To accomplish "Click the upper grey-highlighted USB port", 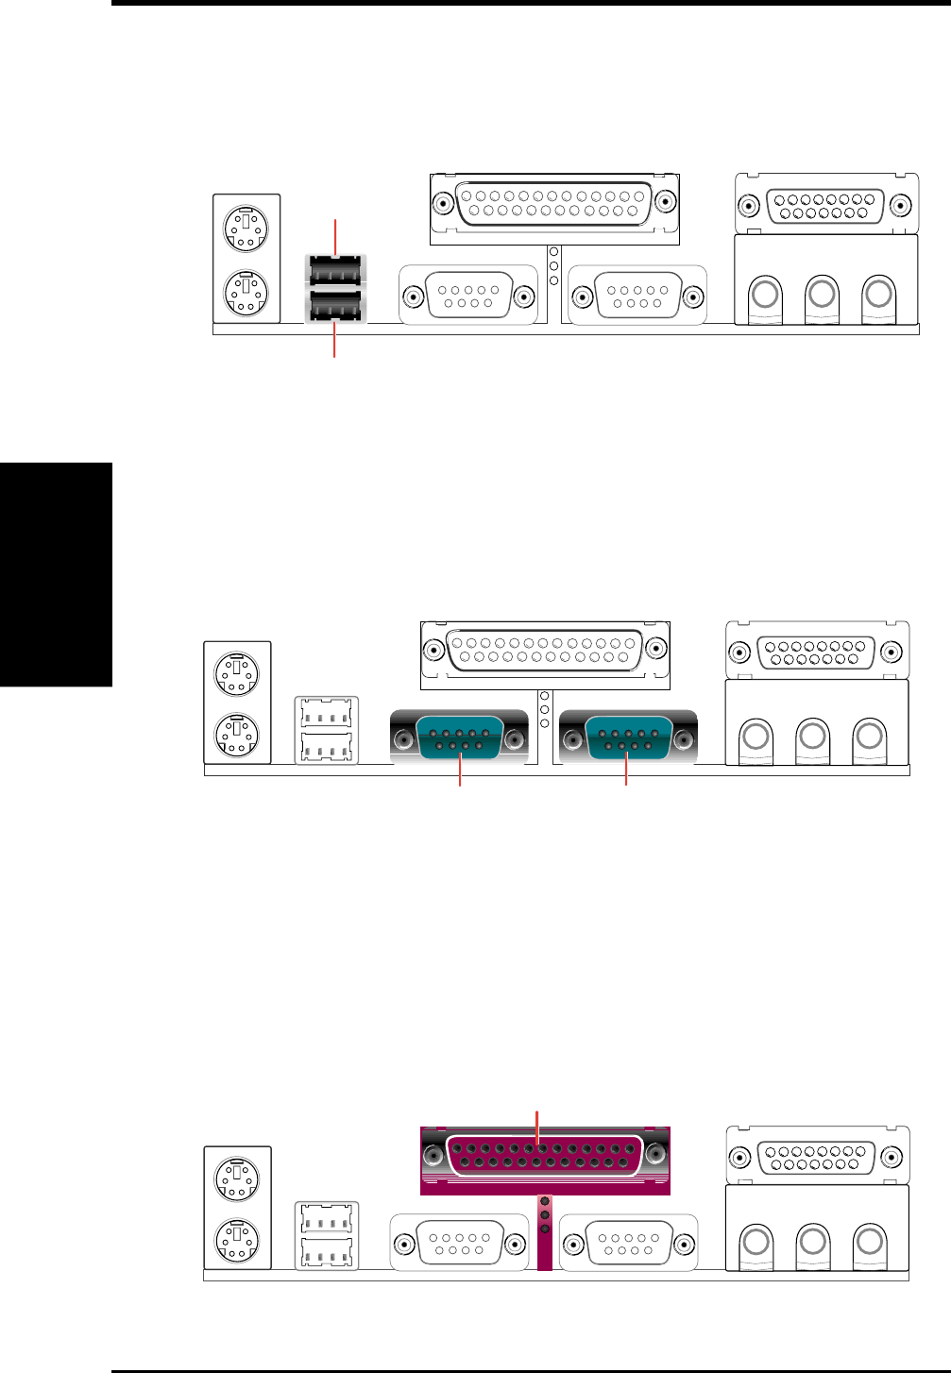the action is [x=334, y=270].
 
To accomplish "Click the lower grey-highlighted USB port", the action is [x=334, y=306].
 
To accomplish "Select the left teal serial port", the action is [x=459, y=737].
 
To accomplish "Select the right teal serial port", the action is [x=628, y=737].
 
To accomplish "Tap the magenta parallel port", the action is [x=545, y=1155].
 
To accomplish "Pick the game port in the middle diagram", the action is [x=817, y=652].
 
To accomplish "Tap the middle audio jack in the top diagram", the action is [x=822, y=294].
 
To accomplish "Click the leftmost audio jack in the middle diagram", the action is [x=755, y=735].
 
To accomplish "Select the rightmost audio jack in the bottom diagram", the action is [x=869, y=1240].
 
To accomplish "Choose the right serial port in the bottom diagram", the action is [x=628, y=1243].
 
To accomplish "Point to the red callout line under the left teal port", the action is [x=460, y=772].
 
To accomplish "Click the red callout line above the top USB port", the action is [x=335, y=235].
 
